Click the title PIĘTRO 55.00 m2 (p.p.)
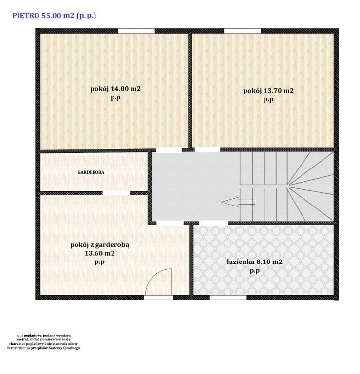coord(54,16)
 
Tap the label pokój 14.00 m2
coord(115,89)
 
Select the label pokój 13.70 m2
coord(268,91)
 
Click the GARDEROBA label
coord(91,172)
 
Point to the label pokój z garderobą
coord(100,245)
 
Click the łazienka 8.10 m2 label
coord(255,262)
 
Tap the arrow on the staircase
coord(238,202)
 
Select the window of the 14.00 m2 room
coord(136,31)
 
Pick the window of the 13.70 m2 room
coord(243,31)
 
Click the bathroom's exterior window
coord(228,298)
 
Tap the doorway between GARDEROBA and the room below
coord(116,193)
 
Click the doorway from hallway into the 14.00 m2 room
coord(169,150)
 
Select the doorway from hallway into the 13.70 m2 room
coord(208,150)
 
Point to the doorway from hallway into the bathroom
coord(213,223)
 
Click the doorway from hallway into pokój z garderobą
coord(170,223)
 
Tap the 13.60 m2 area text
coord(100,253)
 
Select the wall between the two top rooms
coord(190,90)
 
